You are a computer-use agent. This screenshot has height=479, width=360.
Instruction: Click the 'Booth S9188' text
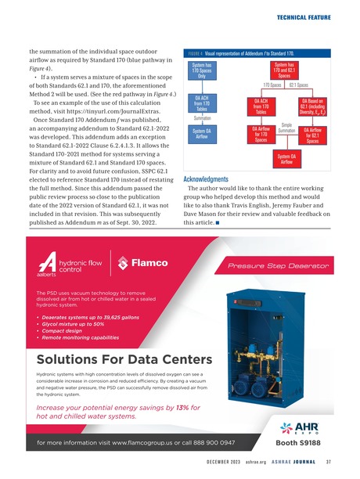point(303,442)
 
